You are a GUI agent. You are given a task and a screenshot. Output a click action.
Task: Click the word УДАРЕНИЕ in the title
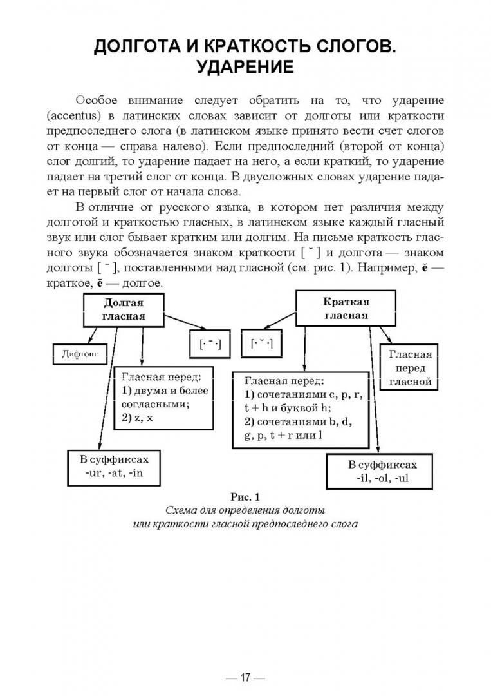tap(245, 67)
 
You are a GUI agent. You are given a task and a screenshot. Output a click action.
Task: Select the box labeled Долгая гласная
tap(123, 309)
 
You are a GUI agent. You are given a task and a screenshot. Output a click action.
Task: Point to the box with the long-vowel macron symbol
tap(210, 344)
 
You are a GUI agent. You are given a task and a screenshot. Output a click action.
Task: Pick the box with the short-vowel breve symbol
tap(263, 343)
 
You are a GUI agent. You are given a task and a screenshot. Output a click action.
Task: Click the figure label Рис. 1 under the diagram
tap(245, 497)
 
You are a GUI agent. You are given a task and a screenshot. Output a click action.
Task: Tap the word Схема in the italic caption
tap(181, 510)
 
